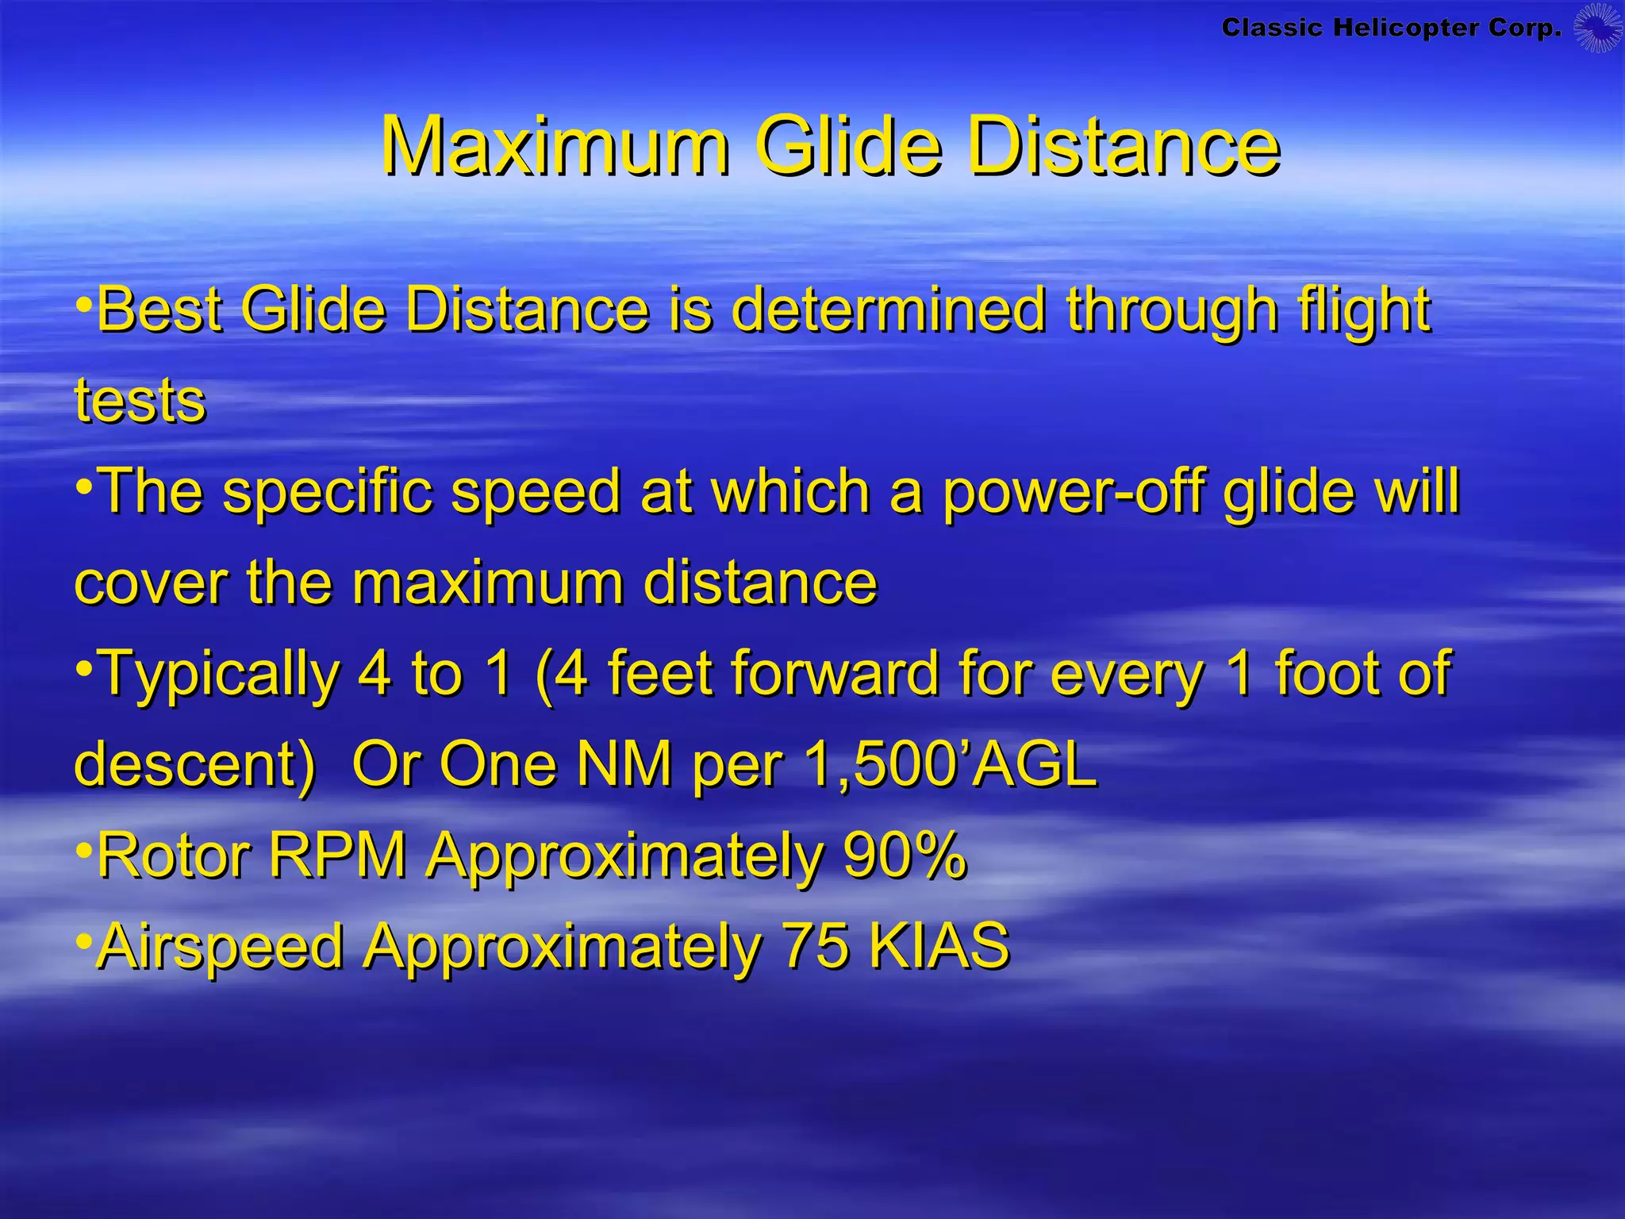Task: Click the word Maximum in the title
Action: click(x=555, y=147)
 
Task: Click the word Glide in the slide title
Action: click(x=848, y=147)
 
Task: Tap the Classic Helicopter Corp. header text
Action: click(x=1391, y=29)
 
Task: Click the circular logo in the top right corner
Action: click(x=1597, y=29)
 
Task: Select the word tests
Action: click(x=140, y=400)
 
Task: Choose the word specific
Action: click(x=328, y=492)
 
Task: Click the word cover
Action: click(x=151, y=583)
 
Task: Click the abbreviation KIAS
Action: click(x=939, y=946)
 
